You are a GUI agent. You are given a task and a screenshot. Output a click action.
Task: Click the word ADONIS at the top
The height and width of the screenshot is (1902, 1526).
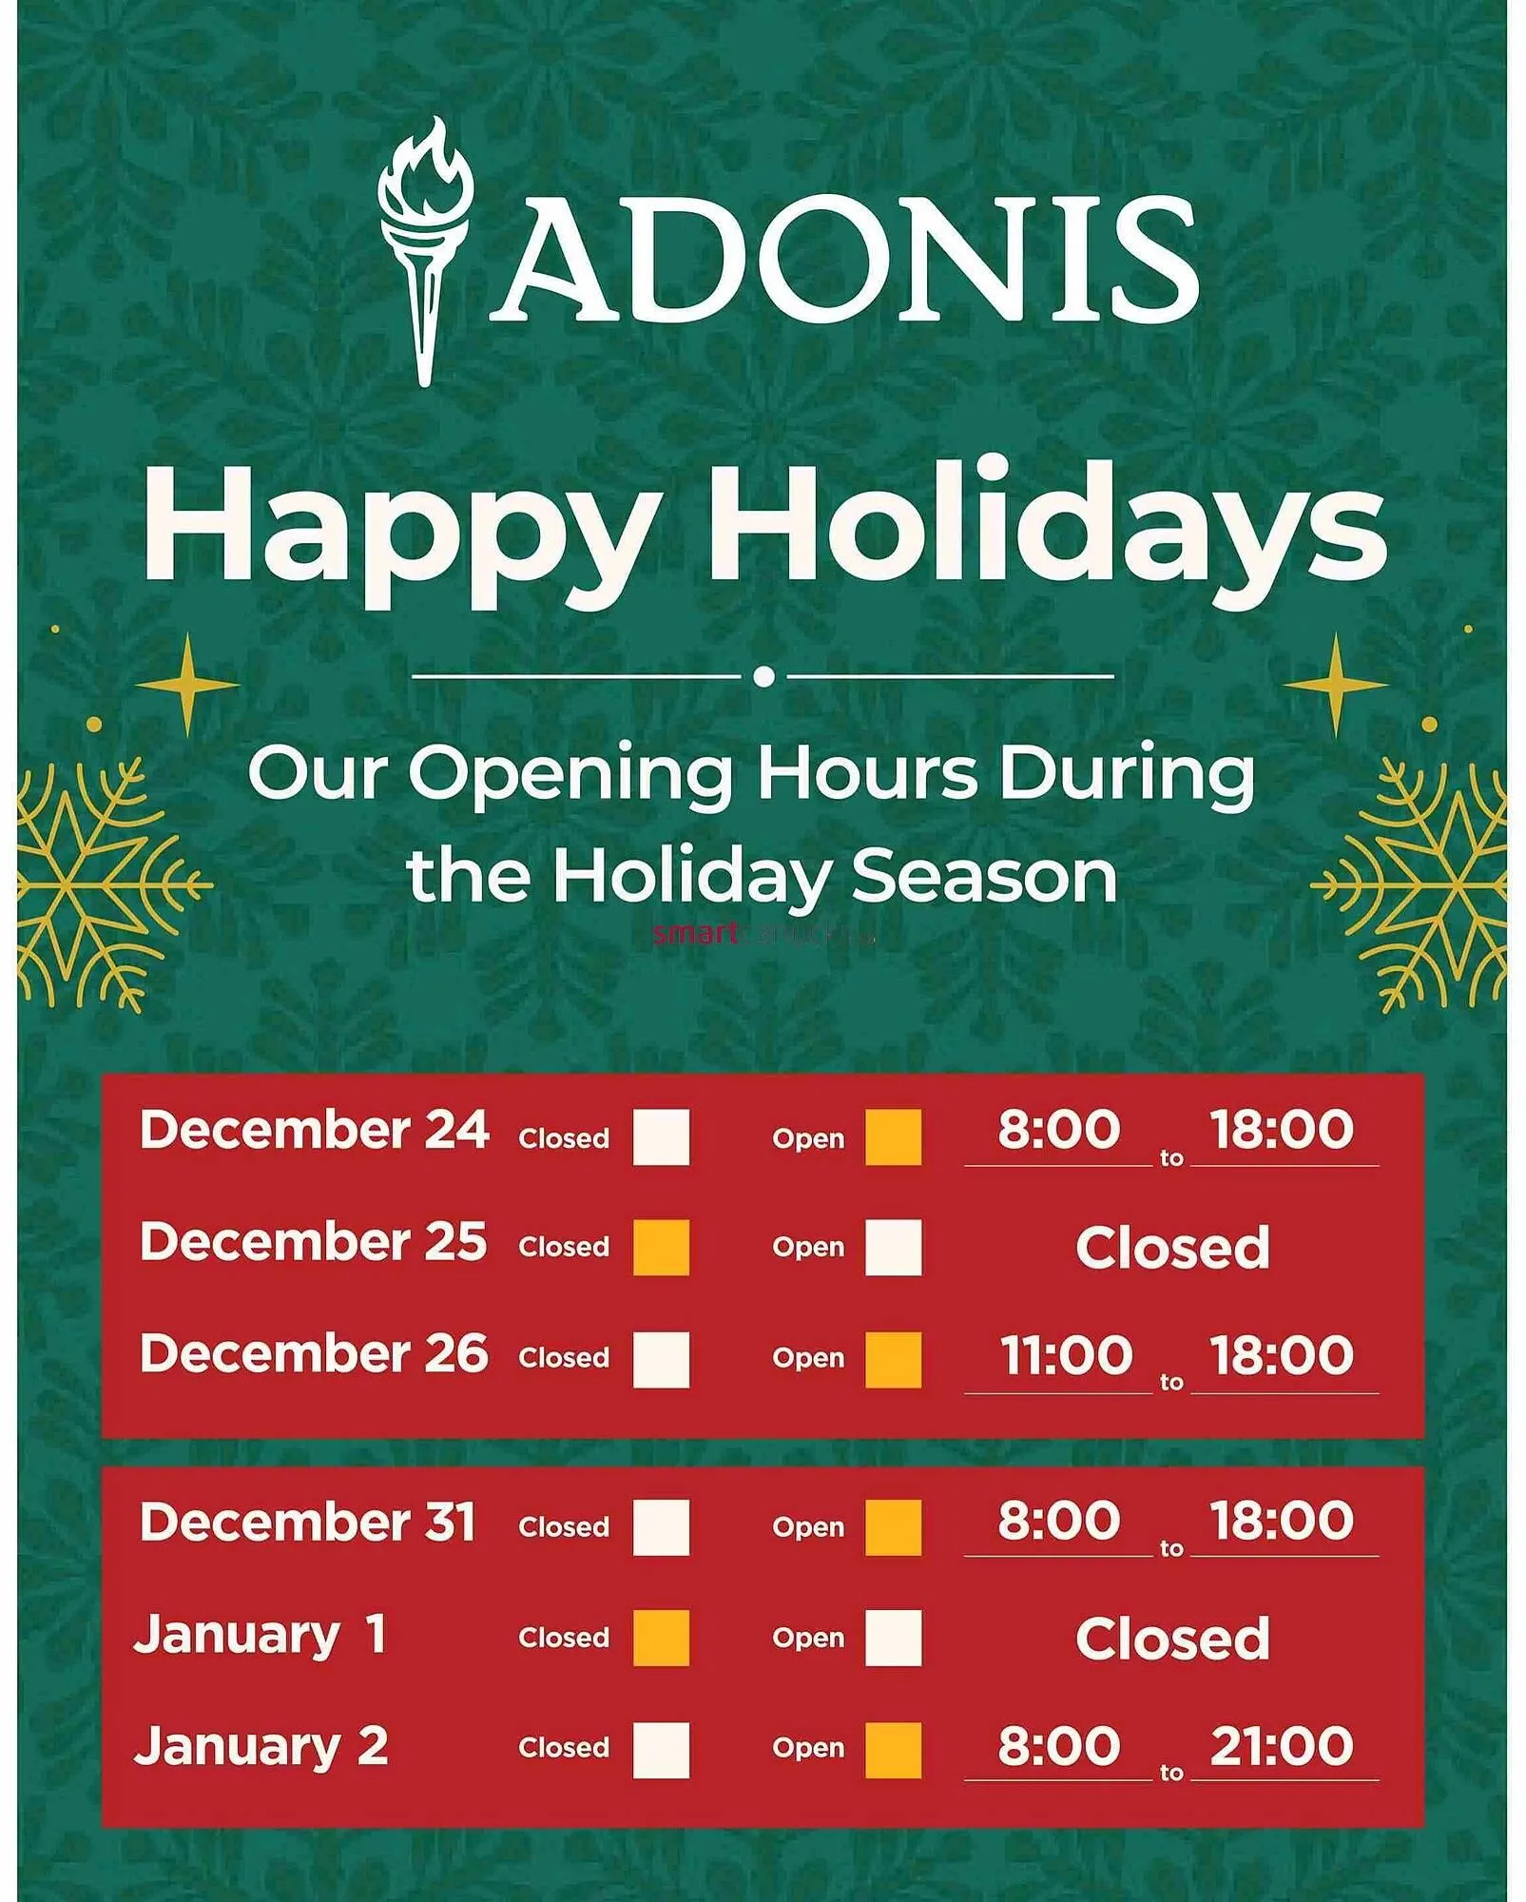[844, 259]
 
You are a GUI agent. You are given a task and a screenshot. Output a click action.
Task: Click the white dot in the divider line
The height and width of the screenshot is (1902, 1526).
[763, 676]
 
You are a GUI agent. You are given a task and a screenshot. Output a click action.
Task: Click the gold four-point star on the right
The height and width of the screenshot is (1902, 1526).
[1335, 683]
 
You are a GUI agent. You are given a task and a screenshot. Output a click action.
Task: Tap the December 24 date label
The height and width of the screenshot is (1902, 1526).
[314, 1130]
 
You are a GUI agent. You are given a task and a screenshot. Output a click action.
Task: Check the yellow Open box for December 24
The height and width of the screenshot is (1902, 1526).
[893, 1136]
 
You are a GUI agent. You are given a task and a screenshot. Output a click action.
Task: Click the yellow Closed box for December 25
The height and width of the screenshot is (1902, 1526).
[662, 1247]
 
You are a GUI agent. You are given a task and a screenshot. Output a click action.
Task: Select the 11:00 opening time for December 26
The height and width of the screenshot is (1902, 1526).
[1066, 1354]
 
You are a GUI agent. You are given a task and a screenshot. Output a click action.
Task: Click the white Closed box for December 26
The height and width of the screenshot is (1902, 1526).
[662, 1359]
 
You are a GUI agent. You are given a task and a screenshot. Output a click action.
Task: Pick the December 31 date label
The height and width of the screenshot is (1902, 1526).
[307, 1522]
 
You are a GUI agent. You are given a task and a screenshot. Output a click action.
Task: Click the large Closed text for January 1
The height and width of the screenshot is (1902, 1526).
[1172, 1638]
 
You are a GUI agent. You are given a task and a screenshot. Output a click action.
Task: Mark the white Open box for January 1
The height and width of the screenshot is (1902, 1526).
[893, 1638]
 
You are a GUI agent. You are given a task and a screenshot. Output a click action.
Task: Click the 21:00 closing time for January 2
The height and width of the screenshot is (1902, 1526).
[1282, 1745]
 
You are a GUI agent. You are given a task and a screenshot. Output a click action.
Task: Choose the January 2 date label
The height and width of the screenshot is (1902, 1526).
[261, 1746]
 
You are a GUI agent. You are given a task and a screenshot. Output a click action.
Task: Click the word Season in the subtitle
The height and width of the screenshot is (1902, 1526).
[984, 876]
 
